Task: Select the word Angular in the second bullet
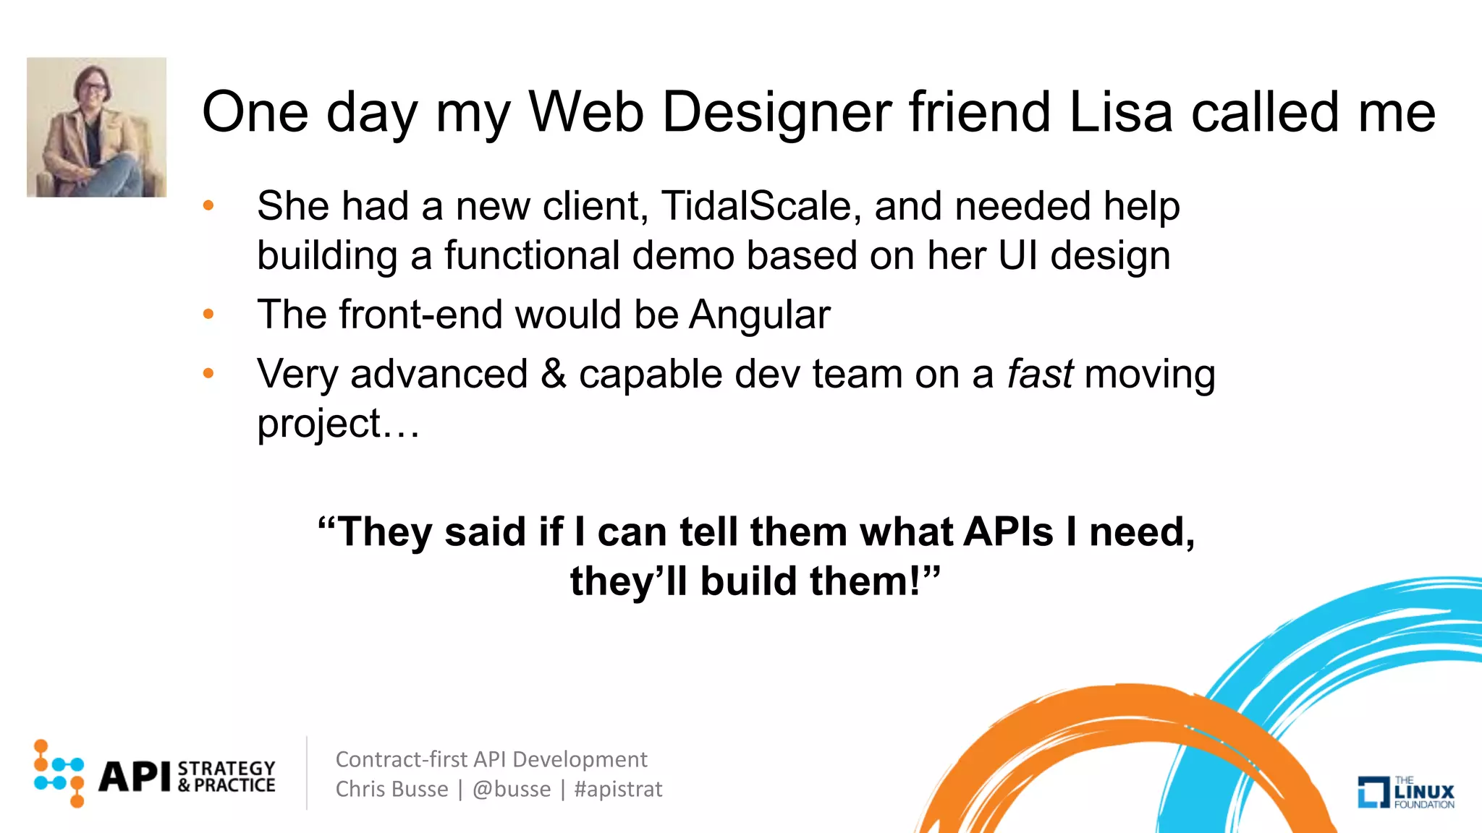point(759,315)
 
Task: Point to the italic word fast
point(1039,375)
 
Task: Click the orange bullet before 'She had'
point(208,206)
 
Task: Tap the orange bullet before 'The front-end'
point(208,315)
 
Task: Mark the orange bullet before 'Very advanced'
point(208,374)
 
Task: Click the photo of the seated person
point(96,127)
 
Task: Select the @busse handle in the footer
point(512,789)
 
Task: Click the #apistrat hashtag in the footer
point(618,789)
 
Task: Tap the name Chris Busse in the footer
point(391,789)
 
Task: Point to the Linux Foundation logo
point(1405,792)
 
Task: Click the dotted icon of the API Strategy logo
point(59,773)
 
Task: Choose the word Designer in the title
point(776,112)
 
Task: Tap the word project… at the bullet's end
point(338,424)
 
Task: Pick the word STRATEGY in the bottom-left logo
point(226,768)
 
